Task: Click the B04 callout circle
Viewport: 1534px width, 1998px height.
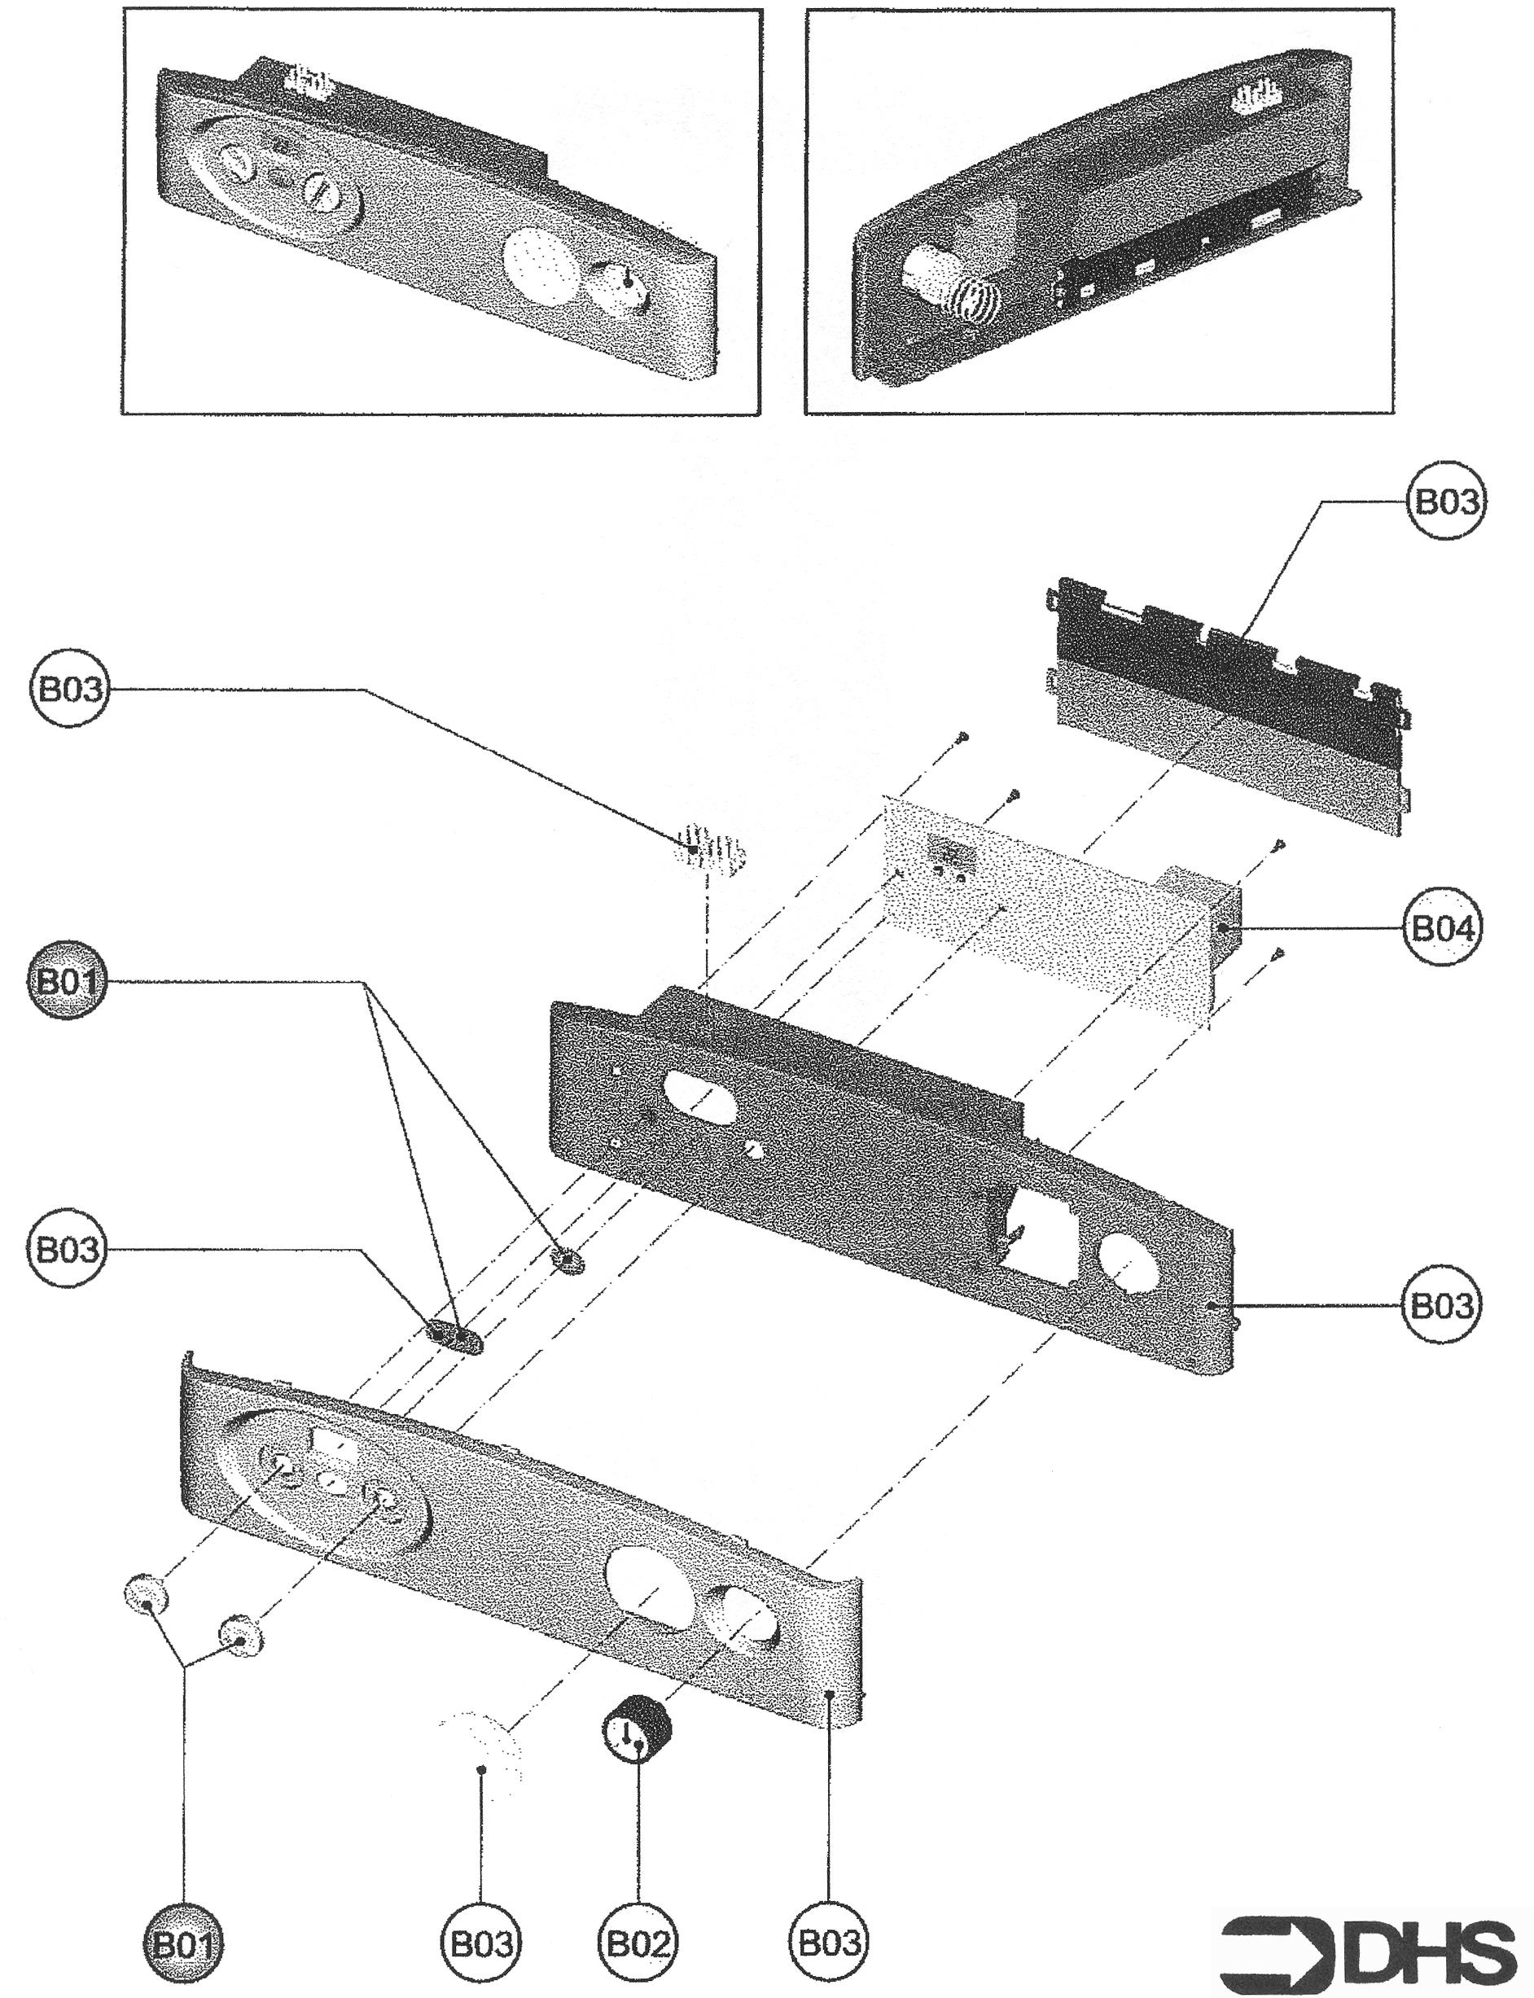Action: pos(1442,929)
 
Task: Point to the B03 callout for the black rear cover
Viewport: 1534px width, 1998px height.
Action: pos(1444,502)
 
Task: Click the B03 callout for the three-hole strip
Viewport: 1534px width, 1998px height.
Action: pos(67,1248)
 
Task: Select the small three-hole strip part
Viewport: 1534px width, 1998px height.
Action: pos(454,1338)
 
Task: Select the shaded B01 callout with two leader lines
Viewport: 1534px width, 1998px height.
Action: pos(67,983)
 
